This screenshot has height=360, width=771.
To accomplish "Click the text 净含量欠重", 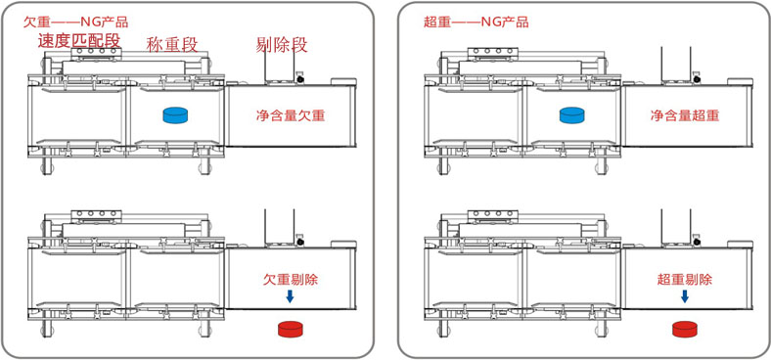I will [290, 114].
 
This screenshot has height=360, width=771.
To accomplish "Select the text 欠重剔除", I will [294, 279].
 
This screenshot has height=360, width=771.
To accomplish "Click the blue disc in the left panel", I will [175, 115].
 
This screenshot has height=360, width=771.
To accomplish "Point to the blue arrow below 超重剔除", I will [685, 296].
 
